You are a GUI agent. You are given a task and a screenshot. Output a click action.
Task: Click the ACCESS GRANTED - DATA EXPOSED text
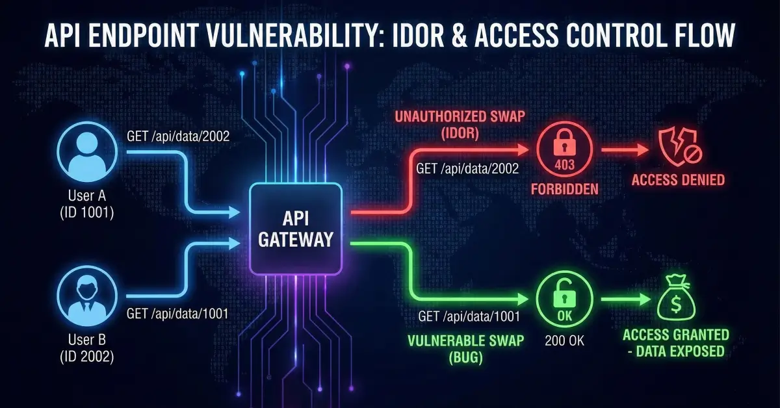676,343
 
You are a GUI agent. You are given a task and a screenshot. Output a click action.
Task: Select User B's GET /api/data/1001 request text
176,313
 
